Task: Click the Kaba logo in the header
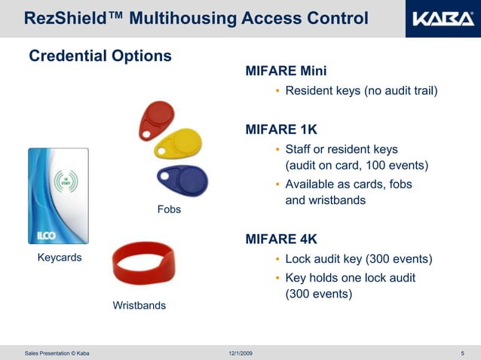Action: click(442, 18)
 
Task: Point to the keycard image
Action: click(58, 196)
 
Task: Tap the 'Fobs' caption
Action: click(169, 209)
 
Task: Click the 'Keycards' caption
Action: click(60, 258)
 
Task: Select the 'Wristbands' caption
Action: click(139, 306)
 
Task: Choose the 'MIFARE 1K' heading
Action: click(281, 130)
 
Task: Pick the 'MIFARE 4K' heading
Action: click(281, 239)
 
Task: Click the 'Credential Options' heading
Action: click(100, 56)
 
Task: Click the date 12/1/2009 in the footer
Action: click(240, 353)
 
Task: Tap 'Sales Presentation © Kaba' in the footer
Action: click(57, 353)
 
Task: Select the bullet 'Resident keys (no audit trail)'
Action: click(361, 91)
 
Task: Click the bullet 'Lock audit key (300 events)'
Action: click(358, 259)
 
